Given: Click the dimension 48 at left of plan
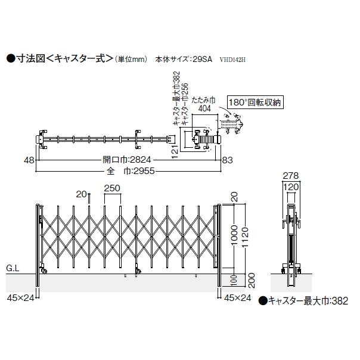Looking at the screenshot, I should point(29,160).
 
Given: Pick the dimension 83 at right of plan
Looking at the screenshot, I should point(227,160).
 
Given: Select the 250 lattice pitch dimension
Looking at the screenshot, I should point(112,188).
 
